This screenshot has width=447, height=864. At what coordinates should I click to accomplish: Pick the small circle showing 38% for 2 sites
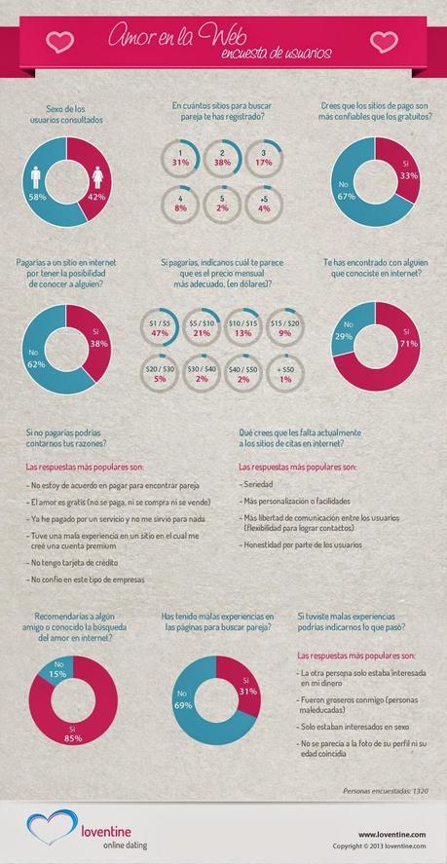[223, 158]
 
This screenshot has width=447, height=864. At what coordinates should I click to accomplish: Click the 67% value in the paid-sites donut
[345, 194]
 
